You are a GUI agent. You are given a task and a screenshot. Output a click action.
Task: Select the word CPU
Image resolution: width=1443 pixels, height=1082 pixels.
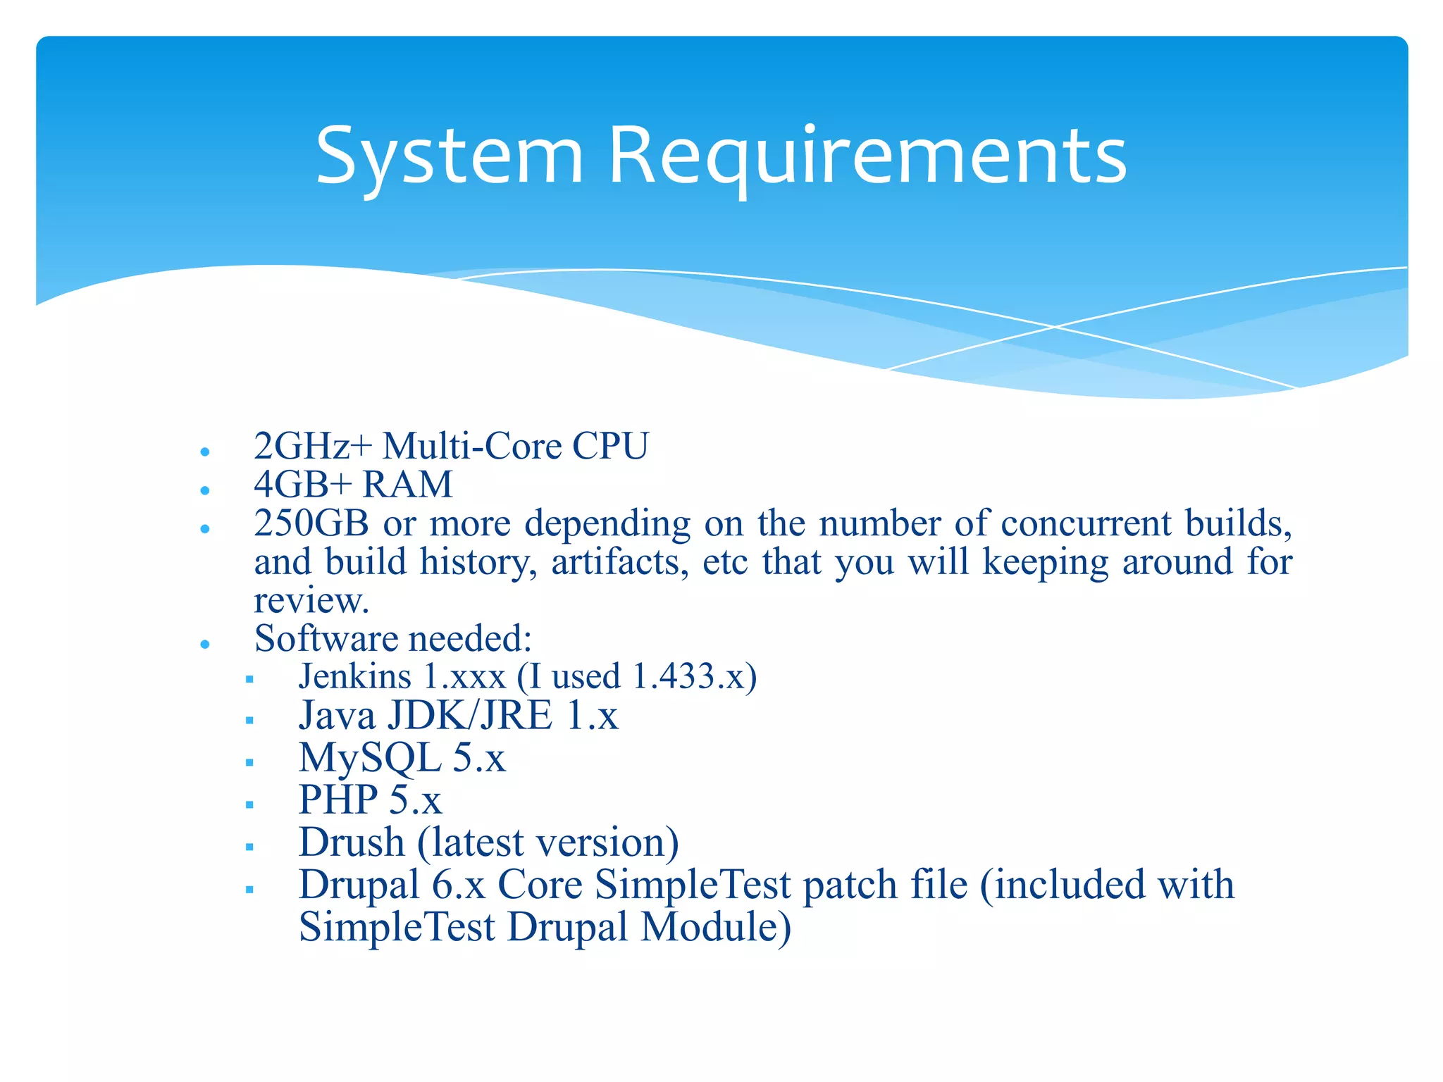610,447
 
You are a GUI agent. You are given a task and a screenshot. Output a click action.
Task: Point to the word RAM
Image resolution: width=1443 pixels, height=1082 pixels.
408,485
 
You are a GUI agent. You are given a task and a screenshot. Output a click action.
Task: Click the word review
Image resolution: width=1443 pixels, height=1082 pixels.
311,601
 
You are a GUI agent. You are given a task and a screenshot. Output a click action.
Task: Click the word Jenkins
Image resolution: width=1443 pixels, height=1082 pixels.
354,677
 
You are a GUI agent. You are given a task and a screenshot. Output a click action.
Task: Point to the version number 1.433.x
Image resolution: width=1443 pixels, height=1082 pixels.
688,677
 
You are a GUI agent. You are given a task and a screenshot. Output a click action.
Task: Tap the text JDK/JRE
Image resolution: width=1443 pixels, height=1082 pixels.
470,716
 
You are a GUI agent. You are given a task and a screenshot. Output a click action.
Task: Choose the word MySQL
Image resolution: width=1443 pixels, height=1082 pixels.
370,759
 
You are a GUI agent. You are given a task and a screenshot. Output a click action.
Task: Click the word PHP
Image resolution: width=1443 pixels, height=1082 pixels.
338,800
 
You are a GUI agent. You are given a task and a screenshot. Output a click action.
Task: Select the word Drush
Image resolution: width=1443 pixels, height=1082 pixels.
352,842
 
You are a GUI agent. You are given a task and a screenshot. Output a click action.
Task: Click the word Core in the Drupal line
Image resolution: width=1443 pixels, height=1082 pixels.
540,885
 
